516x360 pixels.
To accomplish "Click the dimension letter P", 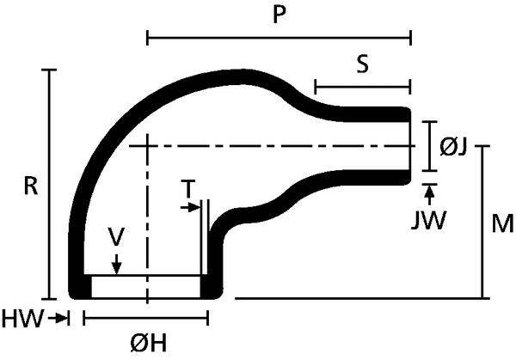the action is point(279,15).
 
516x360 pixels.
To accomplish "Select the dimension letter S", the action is point(362,64).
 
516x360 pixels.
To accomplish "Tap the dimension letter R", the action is point(31,186).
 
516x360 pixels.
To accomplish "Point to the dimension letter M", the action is point(502,223).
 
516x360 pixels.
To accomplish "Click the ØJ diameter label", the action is point(453,147).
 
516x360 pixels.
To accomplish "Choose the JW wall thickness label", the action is point(428,221).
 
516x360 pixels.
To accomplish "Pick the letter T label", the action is point(188,189).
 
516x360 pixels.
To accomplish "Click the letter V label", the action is point(116,237).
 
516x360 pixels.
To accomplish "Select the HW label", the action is point(22,319).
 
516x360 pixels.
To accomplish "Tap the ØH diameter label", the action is point(149,344).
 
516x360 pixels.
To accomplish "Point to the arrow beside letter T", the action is point(191,207).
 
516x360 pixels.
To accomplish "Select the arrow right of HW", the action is point(58,318).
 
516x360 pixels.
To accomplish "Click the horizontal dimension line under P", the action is point(279,38).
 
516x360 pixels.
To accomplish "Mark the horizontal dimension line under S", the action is point(362,87).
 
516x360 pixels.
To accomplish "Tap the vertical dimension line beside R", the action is point(50,185).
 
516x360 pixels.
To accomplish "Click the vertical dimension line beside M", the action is point(482,222).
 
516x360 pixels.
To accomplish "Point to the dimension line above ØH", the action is point(146,318).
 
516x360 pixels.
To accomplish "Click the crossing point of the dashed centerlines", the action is point(147,146).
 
